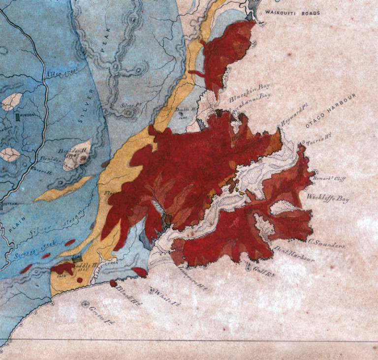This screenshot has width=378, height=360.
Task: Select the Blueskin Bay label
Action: tap(250, 99)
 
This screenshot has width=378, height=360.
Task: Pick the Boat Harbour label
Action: tap(294, 253)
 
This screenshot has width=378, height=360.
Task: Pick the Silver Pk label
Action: tap(129, 105)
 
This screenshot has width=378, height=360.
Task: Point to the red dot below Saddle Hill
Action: tap(79, 280)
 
